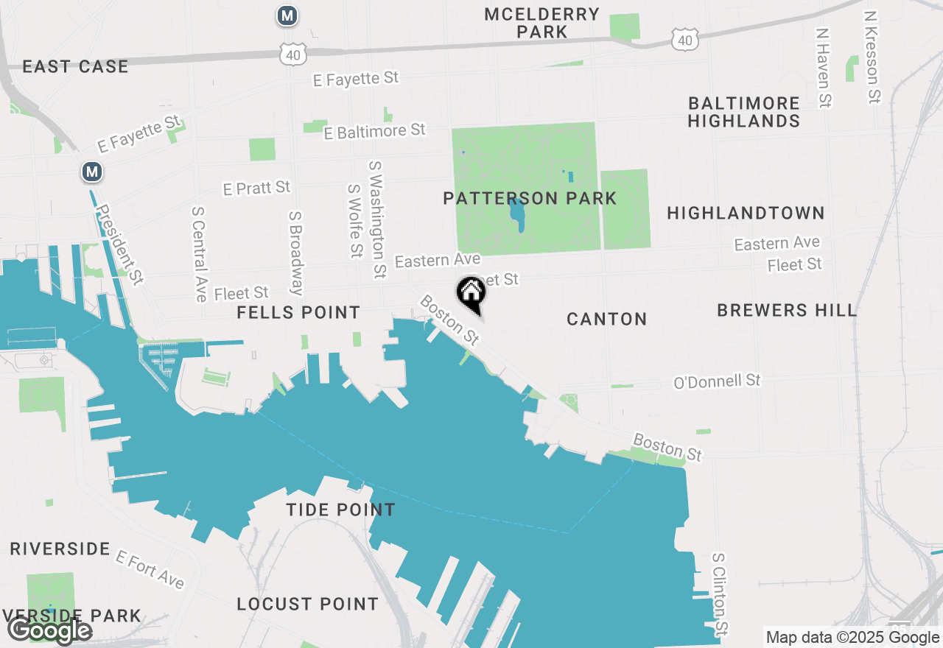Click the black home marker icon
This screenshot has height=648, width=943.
tap(471, 294)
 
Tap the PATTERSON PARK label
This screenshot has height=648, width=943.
tap(530, 198)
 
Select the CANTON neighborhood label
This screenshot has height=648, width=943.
tap(607, 319)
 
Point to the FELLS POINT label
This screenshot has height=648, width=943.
tap(298, 313)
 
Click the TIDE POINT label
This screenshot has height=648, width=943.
tap(340, 510)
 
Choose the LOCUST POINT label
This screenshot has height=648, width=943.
tap(307, 605)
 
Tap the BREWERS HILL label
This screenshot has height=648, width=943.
tap(787, 310)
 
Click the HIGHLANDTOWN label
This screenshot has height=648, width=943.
tap(746, 214)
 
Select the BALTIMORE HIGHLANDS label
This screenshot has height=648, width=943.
tap(743, 112)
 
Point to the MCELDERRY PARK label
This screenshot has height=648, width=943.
tap(541, 23)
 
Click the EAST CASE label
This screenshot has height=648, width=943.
tap(75, 67)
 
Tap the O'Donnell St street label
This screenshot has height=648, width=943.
tap(717, 381)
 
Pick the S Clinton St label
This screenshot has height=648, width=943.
tap(719, 594)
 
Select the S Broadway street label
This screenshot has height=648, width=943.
tap(295, 253)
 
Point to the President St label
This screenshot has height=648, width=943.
tap(120, 244)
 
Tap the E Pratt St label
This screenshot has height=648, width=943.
tap(256, 188)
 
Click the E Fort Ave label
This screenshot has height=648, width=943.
tap(150, 569)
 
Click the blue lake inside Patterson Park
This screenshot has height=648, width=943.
tap(517, 214)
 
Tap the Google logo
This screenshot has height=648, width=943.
tap(49, 630)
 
